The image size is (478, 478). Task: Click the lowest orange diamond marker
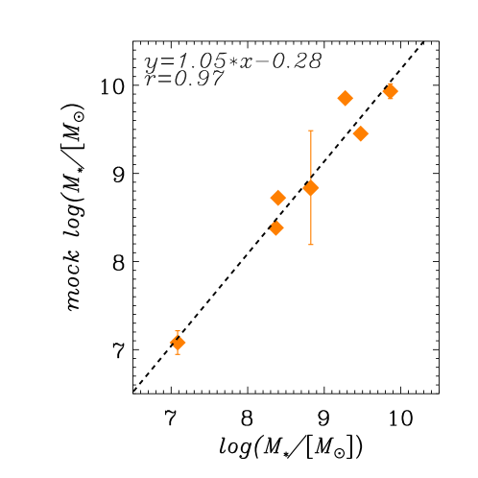click(x=178, y=343)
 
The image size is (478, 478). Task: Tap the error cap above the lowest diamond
click(x=178, y=332)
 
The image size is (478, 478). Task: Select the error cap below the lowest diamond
click(x=178, y=354)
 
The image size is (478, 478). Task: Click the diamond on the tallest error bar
click(x=311, y=187)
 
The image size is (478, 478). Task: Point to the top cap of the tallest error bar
click(x=311, y=131)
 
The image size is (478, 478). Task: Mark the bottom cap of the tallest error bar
click(x=311, y=245)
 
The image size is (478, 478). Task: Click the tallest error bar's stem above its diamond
click(x=311, y=154)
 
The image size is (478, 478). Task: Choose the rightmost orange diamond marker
click(x=390, y=91)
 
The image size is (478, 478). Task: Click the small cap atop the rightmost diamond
click(x=390, y=84)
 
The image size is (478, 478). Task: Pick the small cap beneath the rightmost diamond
click(x=390, y=98)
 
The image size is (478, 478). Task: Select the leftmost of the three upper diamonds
click(x=346, y=98)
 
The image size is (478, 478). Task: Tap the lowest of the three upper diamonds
click(x=361, y=133)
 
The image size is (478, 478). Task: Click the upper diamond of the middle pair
click(x=278, y=198)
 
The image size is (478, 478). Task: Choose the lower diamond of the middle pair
click(x=276, y=228)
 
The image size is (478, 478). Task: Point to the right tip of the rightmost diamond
click(x=397, y=91)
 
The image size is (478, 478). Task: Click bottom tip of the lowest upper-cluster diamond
click(x=361, y=141)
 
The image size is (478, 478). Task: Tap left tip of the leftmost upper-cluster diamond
click(x=338, y=98)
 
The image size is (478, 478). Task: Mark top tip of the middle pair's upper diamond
click(x=278, y=190)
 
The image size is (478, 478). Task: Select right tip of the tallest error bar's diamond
click(x=319, y=187)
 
